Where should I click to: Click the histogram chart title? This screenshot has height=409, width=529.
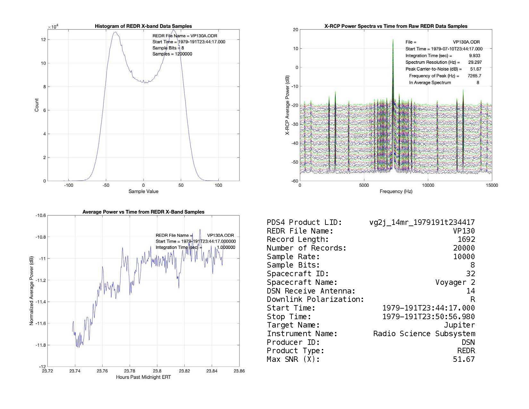[143, 26]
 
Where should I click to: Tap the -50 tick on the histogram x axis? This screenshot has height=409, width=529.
[106, 185]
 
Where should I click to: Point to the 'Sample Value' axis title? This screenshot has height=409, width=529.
[143, 192]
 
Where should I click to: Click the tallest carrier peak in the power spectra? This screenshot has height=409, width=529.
[393, 40]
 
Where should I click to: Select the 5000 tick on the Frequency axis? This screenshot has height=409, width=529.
[364, 185]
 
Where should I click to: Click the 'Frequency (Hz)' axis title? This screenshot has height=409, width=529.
[396, 192]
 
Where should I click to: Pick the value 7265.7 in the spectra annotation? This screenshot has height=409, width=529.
[474, 76]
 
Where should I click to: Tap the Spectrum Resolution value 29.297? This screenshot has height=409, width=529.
[475, 62]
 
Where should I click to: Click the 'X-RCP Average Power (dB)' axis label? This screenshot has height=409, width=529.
[288, 105]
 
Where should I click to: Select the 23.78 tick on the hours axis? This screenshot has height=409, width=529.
[130, 371]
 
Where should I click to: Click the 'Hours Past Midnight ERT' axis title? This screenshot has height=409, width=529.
[143, 377]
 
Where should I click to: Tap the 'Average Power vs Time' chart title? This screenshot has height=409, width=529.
[143, 212]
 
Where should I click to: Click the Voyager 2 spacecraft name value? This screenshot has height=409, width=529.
[455, 282]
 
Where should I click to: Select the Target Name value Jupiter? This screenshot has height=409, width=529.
[459, 325]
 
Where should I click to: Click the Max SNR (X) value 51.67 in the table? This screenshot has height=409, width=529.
[464, 359]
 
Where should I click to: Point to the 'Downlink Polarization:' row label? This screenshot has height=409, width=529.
[315, 299]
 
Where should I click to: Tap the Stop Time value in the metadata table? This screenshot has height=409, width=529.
[428, 317]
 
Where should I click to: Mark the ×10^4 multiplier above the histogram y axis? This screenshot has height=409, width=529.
[53, 27]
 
